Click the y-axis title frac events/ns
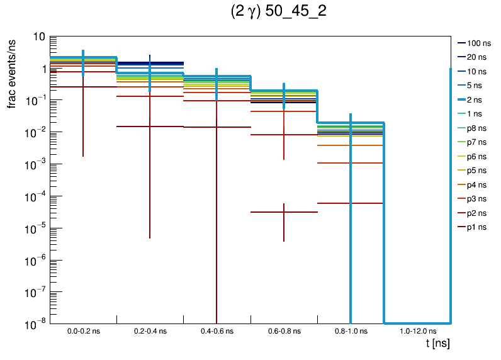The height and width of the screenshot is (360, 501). tap(12, 72)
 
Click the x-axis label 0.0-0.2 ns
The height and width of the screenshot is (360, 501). tap(83, 330)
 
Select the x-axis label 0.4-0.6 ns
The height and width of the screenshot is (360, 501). tap(217, 330)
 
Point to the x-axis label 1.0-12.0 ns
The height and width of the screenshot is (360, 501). tap(417, 330)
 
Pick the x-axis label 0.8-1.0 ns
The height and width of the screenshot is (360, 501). tap(351, 330)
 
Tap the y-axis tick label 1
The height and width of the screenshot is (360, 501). tap(42, 69)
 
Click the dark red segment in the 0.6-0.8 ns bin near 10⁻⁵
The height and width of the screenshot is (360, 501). tap(284, 212)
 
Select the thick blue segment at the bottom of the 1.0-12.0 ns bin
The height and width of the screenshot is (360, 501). tap(417, 323)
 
